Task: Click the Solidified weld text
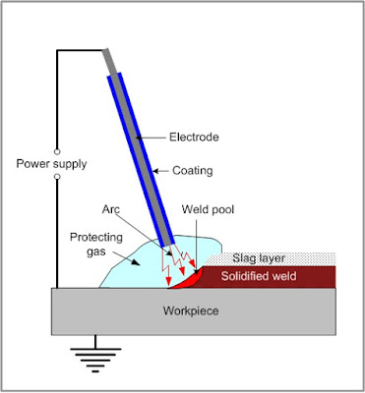point(268,274)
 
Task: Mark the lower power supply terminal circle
point(57,178)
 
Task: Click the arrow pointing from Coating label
point(162,167)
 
